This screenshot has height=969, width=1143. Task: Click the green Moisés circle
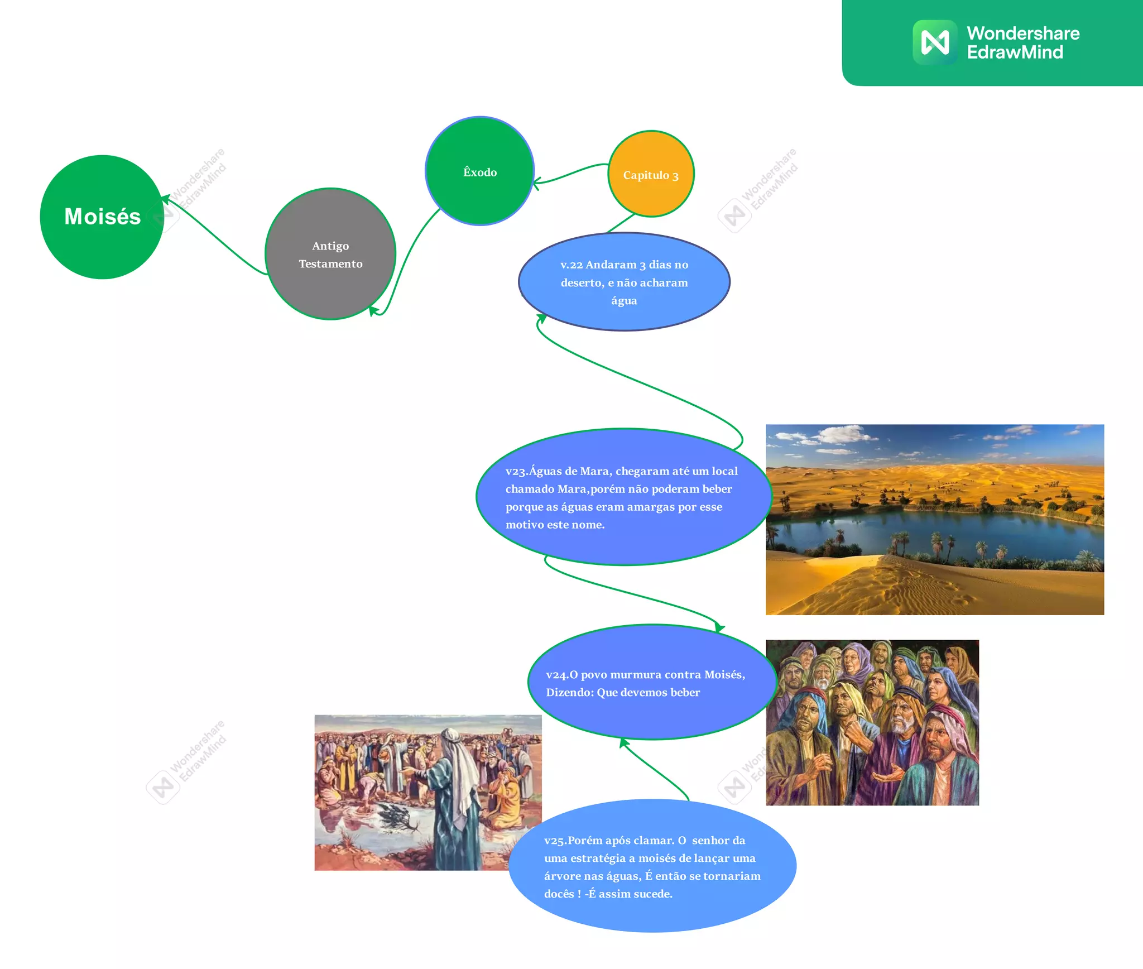pos(102,217)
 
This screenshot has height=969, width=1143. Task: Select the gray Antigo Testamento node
pos(330,254)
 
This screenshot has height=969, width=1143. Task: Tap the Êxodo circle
pos(480,171)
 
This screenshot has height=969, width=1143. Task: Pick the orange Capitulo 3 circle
pos(651,174)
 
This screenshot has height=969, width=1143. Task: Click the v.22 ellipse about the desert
pos(624,282)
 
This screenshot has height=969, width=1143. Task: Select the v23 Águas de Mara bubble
pos(623,497)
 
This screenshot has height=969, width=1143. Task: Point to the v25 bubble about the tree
pos(652,866)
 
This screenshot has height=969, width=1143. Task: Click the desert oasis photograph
pos(934,519)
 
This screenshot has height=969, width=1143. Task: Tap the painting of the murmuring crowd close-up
pos(872,722)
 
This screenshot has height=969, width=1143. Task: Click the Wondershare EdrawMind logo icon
pos(935,42)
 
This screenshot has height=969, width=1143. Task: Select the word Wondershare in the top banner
pos(1023,33)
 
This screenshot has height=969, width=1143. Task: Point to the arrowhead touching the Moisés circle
pos(165,199)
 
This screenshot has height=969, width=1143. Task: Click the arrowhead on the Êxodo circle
pos(536,183)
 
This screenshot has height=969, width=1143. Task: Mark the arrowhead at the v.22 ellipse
pos(541,318)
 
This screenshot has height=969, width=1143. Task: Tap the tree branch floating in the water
pos(397,818)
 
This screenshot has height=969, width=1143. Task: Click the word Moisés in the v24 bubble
pos(724,674)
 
